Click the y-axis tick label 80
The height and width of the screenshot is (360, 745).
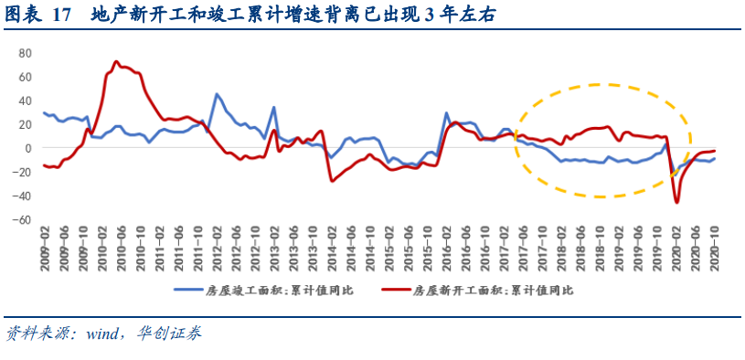pos(25,52)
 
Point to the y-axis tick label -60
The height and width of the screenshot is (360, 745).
pos(22,219)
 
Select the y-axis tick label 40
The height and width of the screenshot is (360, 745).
pos(25,100)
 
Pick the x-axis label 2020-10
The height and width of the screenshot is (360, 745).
pos(713,249)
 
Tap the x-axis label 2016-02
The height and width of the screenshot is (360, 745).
pos(445,249)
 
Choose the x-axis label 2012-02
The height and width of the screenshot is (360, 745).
pos(217,249)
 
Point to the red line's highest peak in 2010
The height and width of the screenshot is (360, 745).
pos(116,62)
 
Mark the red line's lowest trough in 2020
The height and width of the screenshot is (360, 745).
pos(677,202)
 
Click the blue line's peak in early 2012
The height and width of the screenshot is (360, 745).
pos(217,94)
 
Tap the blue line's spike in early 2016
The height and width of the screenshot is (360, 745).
pos(446,113)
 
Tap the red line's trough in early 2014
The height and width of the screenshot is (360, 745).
pos(332,180)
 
